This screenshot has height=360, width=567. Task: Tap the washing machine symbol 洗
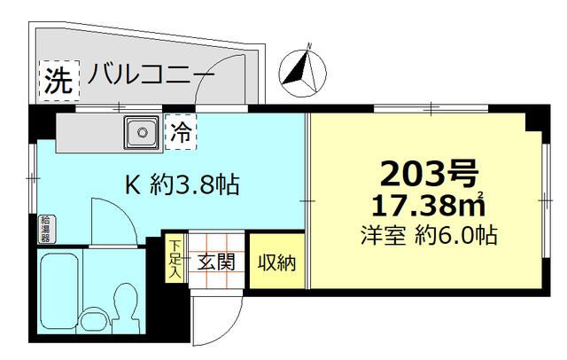[x=58, y=82]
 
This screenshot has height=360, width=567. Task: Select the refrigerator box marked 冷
[x=181, y=134]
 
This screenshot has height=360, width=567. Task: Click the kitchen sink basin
[x=139, y=133]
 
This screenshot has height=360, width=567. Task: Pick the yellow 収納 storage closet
[x=275, y=262]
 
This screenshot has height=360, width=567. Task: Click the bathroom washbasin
[x=90, y=321]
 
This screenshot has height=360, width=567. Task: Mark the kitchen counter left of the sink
[x=89, y=133]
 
